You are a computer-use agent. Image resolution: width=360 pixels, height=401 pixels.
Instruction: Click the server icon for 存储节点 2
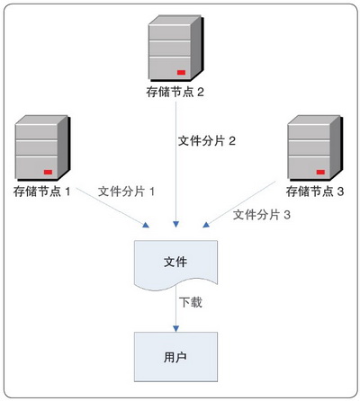point(175,49)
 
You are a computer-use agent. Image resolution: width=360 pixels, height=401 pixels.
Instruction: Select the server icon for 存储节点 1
point(42,148)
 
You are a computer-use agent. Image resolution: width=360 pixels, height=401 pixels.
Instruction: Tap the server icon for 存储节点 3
point(315,148)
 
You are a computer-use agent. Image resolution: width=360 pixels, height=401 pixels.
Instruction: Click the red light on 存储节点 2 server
point(181,72)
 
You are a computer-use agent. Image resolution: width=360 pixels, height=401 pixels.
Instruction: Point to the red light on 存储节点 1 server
point(48,172)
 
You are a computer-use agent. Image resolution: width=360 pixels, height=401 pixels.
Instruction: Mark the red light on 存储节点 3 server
point(320,172)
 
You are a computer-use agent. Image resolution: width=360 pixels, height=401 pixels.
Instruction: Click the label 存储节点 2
point(175,92)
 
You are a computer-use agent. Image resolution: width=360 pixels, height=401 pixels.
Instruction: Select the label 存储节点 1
point(41,192)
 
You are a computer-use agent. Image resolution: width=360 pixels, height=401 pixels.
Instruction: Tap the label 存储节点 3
point(315,192)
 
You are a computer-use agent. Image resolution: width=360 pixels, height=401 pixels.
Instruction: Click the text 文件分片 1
point(126,192)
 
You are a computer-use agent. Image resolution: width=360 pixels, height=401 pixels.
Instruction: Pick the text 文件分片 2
point(207,141)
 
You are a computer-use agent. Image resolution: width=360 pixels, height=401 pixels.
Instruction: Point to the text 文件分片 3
point(262,215)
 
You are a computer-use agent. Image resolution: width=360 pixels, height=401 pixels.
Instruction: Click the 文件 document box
point(175,265)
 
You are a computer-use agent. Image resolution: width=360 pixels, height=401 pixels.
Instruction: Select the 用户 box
point(175,357)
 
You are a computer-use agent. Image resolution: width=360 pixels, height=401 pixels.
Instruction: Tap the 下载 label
point(191,302)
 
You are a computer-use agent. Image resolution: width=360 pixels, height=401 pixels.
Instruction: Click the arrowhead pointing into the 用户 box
point(175,328)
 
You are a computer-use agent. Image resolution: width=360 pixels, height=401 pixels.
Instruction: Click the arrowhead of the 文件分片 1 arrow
point(146,225)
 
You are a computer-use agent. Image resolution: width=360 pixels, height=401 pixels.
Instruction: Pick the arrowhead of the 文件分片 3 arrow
point(206,225)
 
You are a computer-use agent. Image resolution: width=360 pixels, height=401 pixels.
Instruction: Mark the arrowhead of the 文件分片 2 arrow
point(175,224)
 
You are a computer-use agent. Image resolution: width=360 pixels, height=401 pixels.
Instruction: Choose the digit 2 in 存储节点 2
point(201,92)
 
